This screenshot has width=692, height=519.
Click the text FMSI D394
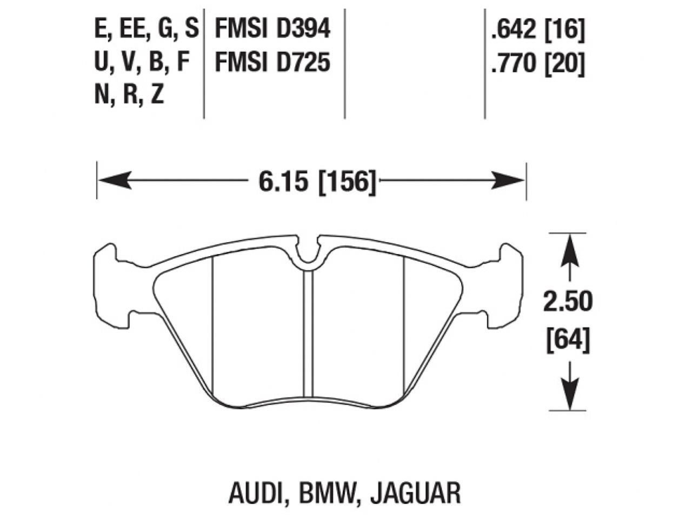coord(272,29)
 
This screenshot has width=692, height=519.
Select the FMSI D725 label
coord(272,63)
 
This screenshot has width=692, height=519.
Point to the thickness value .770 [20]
coord(537,64)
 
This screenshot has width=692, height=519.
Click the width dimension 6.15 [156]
coord(317,182)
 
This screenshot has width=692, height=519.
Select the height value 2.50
coord(568,302)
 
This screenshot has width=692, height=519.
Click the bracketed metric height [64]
coord(568,341)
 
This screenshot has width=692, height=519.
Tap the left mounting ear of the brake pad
coord(107,287)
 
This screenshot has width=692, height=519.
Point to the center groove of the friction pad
coord(308,335)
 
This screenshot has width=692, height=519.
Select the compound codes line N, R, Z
coord(129,96)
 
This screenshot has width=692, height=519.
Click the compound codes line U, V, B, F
coord(142,63)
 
